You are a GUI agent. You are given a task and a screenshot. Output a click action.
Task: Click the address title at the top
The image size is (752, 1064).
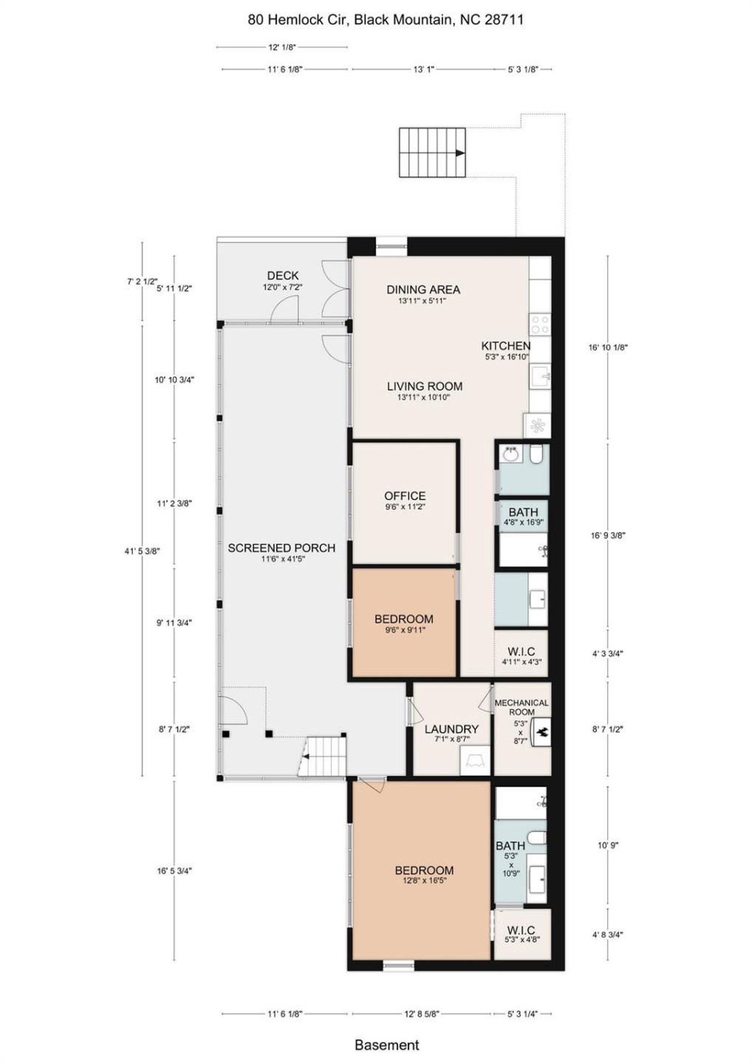386,20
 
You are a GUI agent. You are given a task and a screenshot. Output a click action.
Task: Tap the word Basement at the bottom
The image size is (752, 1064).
386,1045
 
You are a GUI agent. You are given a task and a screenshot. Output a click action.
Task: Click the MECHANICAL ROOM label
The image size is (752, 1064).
522,707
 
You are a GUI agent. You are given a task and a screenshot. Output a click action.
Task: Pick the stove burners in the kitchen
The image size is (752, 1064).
540,324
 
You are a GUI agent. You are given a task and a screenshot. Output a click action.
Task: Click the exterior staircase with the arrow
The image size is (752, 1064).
433,153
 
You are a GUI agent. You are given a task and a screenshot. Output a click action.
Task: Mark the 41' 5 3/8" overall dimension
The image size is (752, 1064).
142,550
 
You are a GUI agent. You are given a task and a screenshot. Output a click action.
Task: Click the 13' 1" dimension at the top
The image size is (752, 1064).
423,69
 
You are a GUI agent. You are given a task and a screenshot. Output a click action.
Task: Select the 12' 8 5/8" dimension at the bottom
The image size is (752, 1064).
422,1014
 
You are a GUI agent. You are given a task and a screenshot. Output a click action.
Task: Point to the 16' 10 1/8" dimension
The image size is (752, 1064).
608,347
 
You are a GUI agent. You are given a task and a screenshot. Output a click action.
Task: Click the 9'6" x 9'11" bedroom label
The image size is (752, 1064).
404,624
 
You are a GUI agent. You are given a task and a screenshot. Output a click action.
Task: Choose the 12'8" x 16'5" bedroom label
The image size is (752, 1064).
424,875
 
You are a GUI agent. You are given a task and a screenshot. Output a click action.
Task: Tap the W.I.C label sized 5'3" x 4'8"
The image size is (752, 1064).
522,935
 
